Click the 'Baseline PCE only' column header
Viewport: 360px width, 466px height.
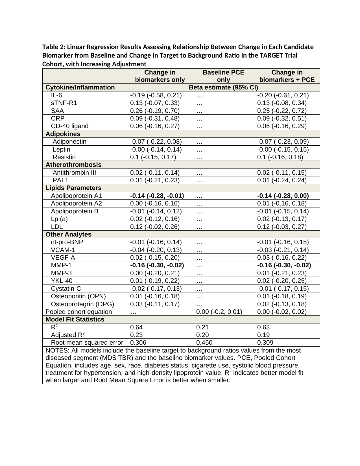coord(223,76)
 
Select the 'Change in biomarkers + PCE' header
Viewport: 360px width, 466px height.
coord(287,76)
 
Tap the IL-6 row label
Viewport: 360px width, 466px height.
coord(56,95)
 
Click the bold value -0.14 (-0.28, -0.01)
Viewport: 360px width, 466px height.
coord(157,196)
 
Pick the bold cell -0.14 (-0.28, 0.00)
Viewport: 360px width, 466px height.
coord(283,196)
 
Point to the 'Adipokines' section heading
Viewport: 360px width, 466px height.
coord(63,134)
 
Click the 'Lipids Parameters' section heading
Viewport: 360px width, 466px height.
coord(73,188)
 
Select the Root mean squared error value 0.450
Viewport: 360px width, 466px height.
coord(204,343)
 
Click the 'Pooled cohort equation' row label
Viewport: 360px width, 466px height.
coord(79,312)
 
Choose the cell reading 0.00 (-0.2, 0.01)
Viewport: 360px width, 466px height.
coord(219,312)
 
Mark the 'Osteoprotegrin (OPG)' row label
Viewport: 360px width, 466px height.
coord(82,304)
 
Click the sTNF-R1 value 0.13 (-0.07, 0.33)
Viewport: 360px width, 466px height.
coord(155,103)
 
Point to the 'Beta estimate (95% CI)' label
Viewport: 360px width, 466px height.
coord(223,87)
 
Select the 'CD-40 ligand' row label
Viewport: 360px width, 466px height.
coord(70,126)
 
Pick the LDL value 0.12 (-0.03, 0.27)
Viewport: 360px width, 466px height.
coord(282,227)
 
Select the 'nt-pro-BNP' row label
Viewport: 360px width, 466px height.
coord(67,242)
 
